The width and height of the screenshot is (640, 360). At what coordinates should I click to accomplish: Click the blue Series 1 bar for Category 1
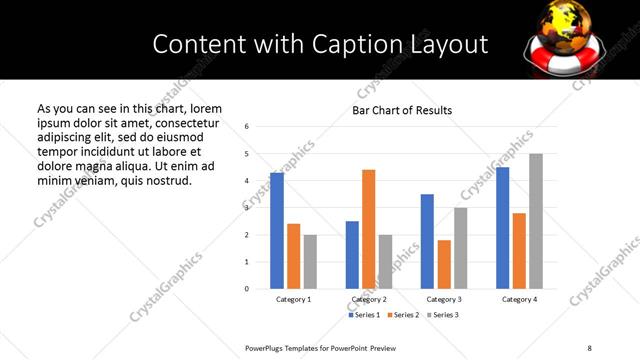click(277, 231)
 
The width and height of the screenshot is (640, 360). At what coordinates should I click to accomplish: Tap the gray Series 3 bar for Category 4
click(536, 221)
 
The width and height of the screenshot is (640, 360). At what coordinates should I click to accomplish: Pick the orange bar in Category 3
click(444, 264)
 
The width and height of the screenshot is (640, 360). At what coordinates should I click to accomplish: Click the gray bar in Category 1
click(310, 262)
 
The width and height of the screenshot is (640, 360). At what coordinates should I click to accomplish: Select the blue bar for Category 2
click(352, 255)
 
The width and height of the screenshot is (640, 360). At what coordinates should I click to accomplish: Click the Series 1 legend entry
click(364, 315)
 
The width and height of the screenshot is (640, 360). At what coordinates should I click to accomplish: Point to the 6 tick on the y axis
click(246, 127)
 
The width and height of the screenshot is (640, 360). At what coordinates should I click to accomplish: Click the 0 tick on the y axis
click(246, 289)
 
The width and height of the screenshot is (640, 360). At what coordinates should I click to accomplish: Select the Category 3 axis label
click(444, 300)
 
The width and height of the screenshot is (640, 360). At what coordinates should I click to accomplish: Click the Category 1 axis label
click(293, 300)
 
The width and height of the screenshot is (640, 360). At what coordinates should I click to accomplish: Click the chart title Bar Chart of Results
click(402, 110)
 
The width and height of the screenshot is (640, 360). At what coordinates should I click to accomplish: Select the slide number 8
click(589, 347)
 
